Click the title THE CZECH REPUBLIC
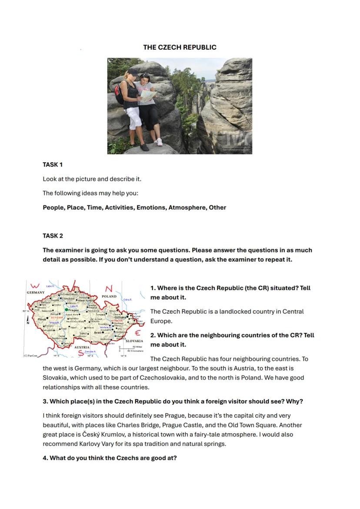pyautogui.click(x=180, y=47)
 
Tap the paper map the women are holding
pyautogui.click(x=148, y=95)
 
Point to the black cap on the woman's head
pyautogui.click(x=133, y=71)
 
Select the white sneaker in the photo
pyautogui.click(x=159, y=142)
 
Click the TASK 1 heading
pyautogui.click(x=53, y=165)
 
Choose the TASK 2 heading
pyautogui.click(x=53, y=236)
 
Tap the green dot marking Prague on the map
pyautogui.click(x=67, y=310)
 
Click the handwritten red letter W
pyautogui.click(x=36, y=286)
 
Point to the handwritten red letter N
pyautogui.click(x=109, y=289)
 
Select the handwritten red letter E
pyautogui.click(x=138, y=333)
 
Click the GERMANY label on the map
pyautogui.click(x=36, y=293)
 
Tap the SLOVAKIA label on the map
pyautogui.click(x=134, y=341)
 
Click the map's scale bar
pyautogui.click(x=129, y=349)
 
